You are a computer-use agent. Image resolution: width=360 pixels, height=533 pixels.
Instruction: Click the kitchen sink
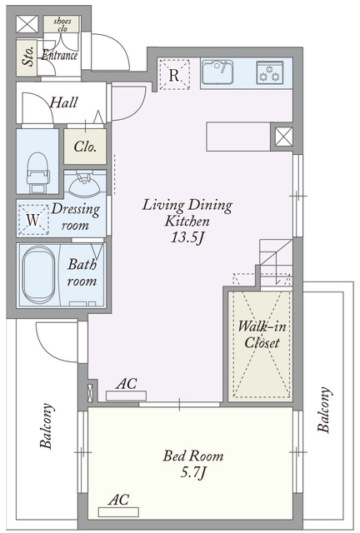[217, 72]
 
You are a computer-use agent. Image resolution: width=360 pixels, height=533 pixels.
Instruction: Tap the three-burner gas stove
[270, 72]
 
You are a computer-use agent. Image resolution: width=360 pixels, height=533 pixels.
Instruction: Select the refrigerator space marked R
[174, 74]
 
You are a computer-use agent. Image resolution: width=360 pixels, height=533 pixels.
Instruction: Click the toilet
[37, 172]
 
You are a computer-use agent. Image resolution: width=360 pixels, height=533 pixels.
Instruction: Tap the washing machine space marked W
[33, 220]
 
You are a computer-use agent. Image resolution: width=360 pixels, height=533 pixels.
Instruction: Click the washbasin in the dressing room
[84, 184]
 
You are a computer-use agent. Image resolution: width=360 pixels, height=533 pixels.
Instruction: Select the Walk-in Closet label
[262, 335]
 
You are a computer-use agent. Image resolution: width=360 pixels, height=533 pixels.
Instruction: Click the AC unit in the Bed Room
[118, 512]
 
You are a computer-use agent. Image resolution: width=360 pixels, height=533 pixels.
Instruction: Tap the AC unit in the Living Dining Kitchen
[126, 396]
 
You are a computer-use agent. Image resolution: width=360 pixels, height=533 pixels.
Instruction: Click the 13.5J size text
[187, 237]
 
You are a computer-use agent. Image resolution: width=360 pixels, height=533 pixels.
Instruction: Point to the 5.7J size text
[193, 472]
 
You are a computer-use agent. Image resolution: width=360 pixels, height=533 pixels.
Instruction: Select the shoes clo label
[62, 24]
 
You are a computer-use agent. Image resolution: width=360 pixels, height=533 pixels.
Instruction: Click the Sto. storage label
[28, 56]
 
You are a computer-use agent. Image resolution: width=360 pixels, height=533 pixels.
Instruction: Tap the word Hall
[63, 102]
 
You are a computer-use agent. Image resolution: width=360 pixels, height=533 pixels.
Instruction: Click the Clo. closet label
[85, 147]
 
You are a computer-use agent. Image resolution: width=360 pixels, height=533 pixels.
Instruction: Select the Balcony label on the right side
[324, 410]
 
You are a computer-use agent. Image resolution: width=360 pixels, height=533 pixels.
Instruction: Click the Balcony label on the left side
[47, 426]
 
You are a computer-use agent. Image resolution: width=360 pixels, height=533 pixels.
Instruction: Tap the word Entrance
[59, 55]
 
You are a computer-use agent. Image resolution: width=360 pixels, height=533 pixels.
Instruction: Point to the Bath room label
[82, 272]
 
